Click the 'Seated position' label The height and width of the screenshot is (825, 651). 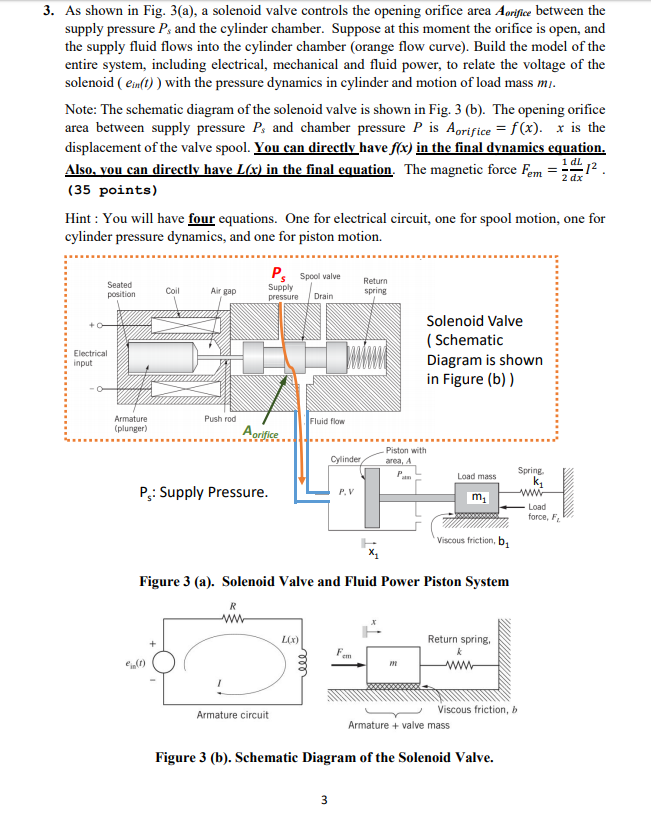(121, 289)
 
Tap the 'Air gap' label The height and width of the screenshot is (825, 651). (223, 291)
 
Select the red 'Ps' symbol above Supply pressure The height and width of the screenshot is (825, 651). (278, 273)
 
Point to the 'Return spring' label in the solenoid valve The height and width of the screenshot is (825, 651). (375, 286)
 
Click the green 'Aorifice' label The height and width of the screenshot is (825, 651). (261, 432)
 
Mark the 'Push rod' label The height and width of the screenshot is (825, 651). (220, 419)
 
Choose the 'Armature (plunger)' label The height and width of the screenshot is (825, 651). (131, 424)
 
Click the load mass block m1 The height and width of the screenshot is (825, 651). (477, 498)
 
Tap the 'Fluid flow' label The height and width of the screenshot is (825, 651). (327, 421)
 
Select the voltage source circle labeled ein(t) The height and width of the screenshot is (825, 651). (164, 662)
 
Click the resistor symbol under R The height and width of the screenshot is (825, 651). (234, 619)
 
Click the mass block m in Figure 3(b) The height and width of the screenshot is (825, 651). (393, 665)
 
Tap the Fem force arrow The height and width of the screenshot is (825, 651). (348, 665)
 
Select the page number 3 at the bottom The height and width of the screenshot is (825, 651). (324, 800)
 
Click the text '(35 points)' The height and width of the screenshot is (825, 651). (112, 190)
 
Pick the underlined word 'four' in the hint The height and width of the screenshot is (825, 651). (202, 218)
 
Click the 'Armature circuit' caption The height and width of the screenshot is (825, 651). (233, 715)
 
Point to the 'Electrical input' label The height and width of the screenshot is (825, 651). (90, 358)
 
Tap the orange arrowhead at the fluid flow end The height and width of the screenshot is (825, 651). (302, 479)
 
